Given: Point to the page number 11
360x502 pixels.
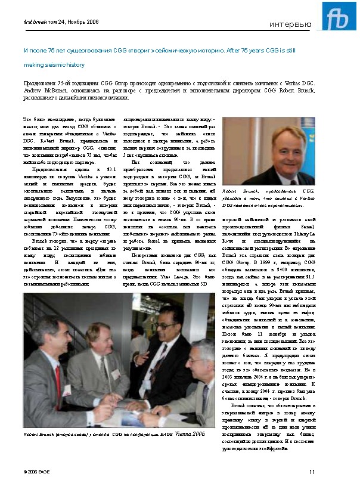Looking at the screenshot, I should [312, 472].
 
